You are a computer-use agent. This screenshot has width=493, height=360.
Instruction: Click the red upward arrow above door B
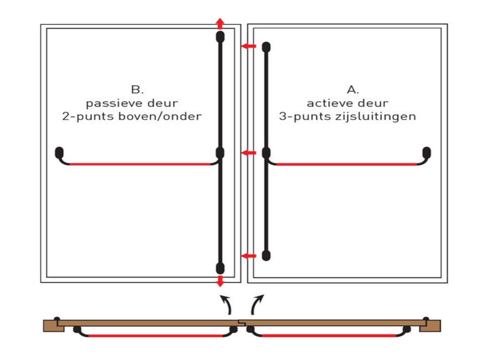click(x=220, y=24)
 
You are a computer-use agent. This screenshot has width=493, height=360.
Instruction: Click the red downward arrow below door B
click(x=220, y=281)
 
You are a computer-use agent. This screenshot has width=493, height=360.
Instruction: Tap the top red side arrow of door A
click(x=249, y=47)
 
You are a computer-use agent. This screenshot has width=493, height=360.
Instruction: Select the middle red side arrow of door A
click(x=249, y=153)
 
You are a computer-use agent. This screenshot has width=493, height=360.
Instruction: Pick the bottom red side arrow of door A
click(x=249, y=256)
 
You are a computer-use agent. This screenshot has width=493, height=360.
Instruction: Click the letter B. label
click(x=137, y=90)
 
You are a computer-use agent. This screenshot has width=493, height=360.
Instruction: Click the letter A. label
click(x=353, y=90)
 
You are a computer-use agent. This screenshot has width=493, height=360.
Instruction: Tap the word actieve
click(x=328, y=104)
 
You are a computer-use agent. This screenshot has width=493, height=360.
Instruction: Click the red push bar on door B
click(x=140, y=164)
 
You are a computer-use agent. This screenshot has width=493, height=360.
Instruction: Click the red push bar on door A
click(x=346, y=164)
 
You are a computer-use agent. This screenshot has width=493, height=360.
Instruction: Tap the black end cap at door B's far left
click(x=59, y=153)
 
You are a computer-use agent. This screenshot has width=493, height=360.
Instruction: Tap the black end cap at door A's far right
click(x=427, y=153)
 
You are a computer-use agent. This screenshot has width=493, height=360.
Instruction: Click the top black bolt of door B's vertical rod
click(x=220, y=37)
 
